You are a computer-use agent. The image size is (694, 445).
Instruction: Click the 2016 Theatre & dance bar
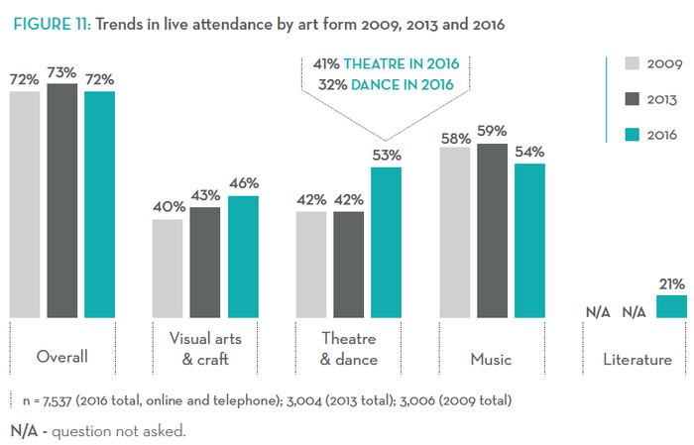tap(387, 243)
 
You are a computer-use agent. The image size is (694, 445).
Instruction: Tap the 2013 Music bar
tap(493, 231)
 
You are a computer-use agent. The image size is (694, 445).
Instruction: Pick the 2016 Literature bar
tap(671, 306)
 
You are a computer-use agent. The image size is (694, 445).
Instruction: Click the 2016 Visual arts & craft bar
tap(243, 257)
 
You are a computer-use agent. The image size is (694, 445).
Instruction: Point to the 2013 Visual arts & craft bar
tap(205, 263)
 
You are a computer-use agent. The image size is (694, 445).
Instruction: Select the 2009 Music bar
tap(455, 233)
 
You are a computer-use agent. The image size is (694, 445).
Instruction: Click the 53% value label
tap(387, 155)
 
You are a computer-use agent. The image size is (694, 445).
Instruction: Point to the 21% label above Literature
tap(671, 283)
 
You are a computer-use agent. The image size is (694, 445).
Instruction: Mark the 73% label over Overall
tap(61, 71)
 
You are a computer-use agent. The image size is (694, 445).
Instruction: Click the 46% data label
tap(243, 183)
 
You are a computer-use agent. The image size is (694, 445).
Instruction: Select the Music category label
tap(491, 358)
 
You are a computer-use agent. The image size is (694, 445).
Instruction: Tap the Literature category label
tap(636, 358)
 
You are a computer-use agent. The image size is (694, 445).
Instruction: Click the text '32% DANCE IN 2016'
tap(386, 85)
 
